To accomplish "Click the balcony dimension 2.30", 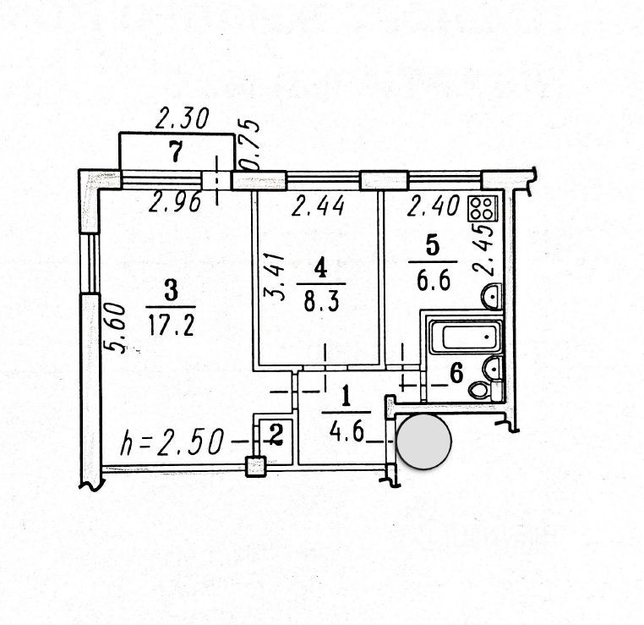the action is tap(182, 118).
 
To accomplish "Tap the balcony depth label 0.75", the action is tap(249, 145).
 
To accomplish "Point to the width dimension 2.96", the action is tap(175, 202).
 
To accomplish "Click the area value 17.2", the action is tap(172, 326).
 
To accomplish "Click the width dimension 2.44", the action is tap(318, 206).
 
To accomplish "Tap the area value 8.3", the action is tap(321, 303).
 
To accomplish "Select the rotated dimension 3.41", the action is tap(274, 277).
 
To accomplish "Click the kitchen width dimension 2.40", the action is tap(433, 206).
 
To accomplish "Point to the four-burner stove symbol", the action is tap(483, 208).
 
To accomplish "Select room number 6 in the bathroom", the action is tap(456, 373).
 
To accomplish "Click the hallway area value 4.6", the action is tap(347, 432).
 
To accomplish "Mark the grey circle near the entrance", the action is tap(424, 441).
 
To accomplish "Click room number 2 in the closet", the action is tap(276, 436).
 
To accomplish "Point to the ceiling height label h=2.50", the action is tap(172, 441).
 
